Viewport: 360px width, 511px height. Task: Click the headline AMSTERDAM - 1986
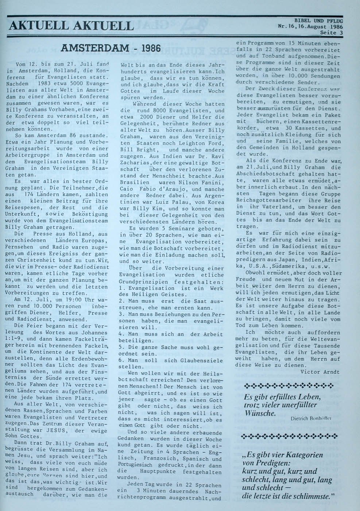(111, 48)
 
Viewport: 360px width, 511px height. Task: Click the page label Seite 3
(331, 32)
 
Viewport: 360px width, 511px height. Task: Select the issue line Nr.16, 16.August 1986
(310, 27)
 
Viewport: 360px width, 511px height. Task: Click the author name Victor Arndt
(320, 372)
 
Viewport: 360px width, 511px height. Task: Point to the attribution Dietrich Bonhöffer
(311, 419)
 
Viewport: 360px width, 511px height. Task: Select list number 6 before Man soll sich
(121, 360)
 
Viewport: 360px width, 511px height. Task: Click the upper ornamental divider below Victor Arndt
(288, 385)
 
